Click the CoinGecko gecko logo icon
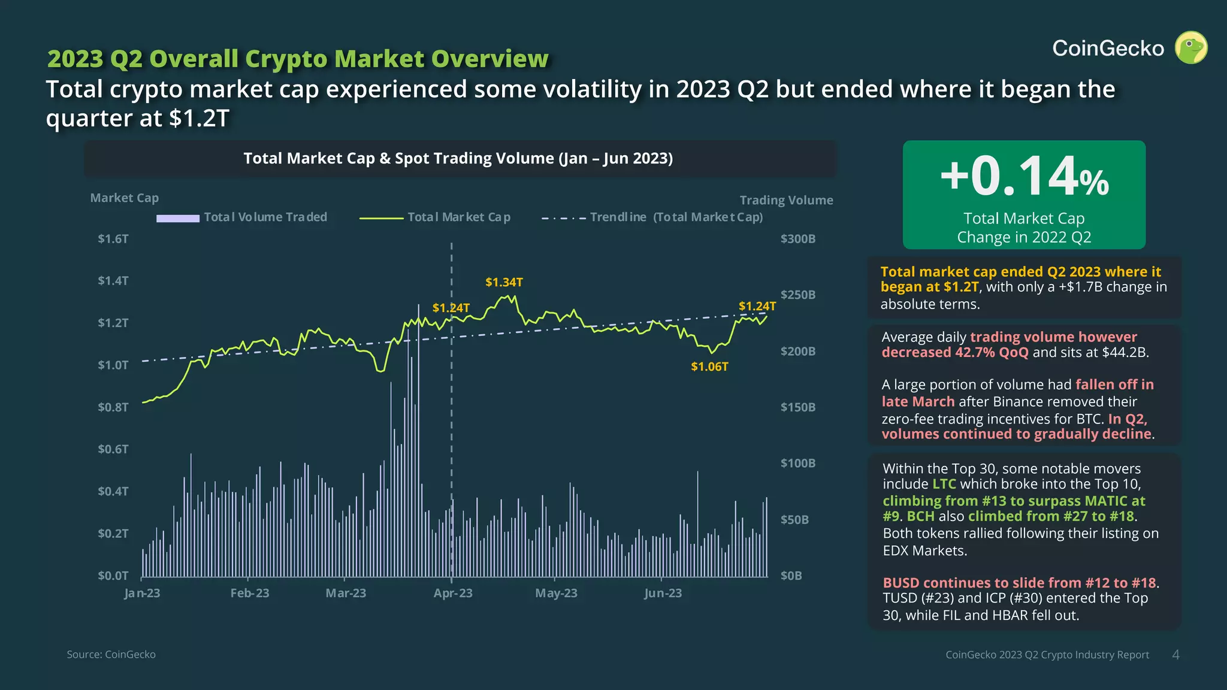click(x=1191, y=48)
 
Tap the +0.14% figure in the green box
click(x=1024, y=176)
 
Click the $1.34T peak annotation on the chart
click(x=504, y=282)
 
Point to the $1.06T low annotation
click(x=709, y=367)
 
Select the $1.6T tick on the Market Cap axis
click(x=113, y=239)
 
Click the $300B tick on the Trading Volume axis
click(x=797, y=239)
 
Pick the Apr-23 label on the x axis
click(x=453, y=593)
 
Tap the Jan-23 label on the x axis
click(x=142, y=593)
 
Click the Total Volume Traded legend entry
click(x=242, y=217)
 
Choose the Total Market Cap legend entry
click(x=435, y=217)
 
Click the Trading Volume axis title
click(x=786, y=200)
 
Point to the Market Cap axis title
click(x=125, y=198)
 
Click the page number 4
click(x=1175, y=655)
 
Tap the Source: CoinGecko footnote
click(x=111, y=655)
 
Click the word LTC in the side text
click(x=944, y=484)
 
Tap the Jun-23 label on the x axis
click(x=663, y=593)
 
